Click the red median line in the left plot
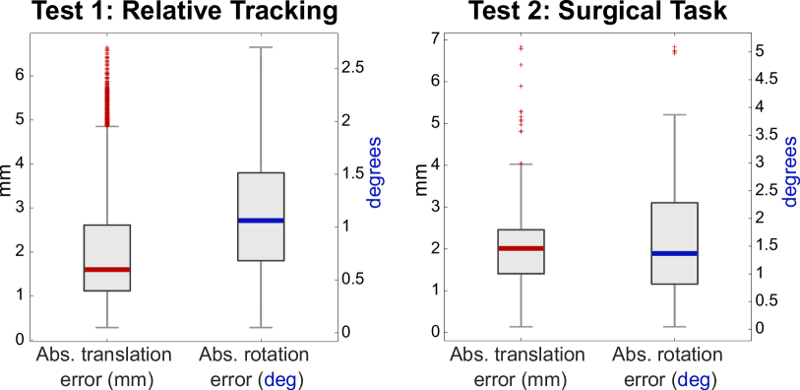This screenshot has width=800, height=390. click(107, 269)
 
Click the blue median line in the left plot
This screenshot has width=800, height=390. click(261, 221)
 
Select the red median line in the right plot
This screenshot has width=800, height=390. click(521, 248)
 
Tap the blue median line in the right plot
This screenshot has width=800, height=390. click(674, 253)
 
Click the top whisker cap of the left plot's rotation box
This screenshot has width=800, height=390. click(261, 47)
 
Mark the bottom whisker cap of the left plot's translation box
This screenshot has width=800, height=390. click(107, 327)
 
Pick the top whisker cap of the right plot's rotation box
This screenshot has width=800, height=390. click(674, 115)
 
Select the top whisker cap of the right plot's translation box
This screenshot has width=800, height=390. click(521, 163)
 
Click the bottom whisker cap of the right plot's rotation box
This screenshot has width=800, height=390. click(674, 326)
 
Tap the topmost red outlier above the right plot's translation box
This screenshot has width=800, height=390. click(521, 47)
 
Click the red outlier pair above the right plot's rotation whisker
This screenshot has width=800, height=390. click(674, 49)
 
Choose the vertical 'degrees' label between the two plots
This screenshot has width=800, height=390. click(374, 172)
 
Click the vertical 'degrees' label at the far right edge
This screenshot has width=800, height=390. click(789, 172)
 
